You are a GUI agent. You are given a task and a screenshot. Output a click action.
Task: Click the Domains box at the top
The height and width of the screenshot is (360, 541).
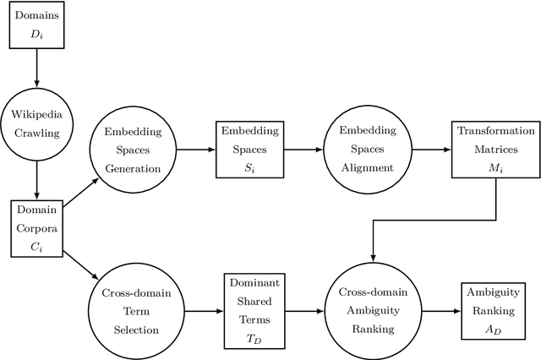pos(36,24)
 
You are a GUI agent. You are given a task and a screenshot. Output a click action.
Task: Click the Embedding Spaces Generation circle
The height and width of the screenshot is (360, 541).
pos(132,150)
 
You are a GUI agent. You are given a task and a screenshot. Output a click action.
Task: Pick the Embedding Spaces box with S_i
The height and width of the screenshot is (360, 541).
pos(243,150)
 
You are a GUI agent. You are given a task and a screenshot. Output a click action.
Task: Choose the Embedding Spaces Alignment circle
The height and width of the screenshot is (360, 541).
pos(368,150)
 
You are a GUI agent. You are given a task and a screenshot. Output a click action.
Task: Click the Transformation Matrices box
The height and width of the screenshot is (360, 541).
pos(495,150)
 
